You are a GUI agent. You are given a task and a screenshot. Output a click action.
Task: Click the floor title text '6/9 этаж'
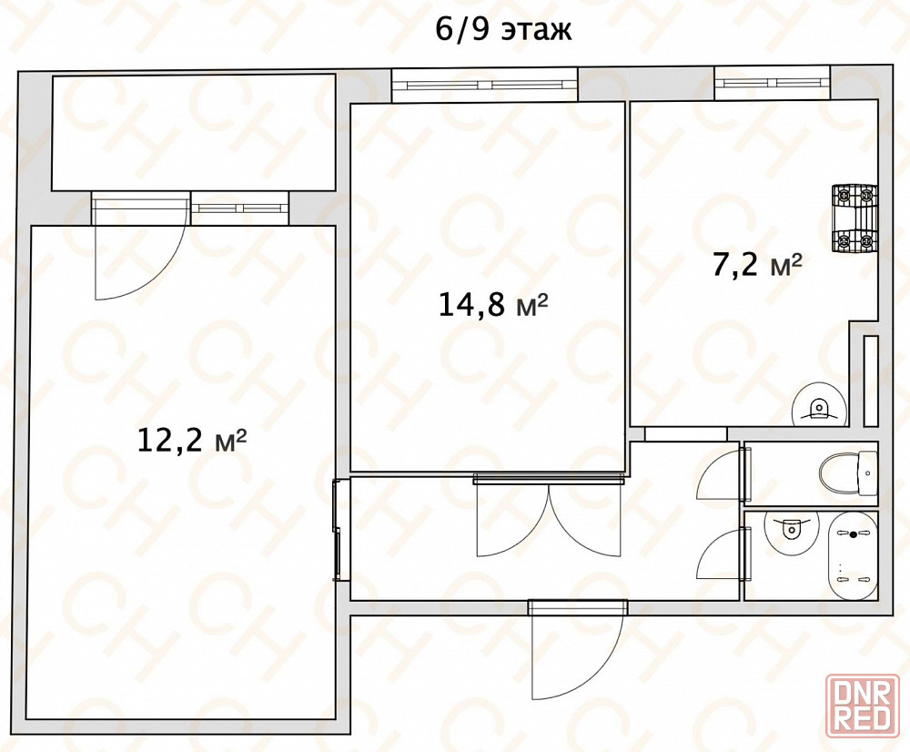(x=504, y=30)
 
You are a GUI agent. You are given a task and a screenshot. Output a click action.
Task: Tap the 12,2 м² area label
(x=192, y=440)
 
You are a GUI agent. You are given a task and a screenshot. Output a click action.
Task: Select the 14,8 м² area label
(x=492, y=304)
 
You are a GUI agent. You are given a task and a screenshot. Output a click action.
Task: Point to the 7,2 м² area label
(x=757, y=265)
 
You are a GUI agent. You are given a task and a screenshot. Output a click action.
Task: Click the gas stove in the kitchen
(x=854, y=218)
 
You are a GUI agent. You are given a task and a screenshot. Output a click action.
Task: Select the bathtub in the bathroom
(x=853, y=556)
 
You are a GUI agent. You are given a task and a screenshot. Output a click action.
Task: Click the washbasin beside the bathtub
(x=791, y=529)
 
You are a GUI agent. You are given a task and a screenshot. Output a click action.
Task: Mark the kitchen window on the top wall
(x=773, y=83)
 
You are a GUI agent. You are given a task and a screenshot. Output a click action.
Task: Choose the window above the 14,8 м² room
(x=485, y=85)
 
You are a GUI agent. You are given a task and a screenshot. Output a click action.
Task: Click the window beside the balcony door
(x=239, y=208)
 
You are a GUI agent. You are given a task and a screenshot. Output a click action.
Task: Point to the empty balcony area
(x=194, y=132)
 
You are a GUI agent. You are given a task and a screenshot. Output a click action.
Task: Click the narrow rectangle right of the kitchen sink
(x=871, y=381)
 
